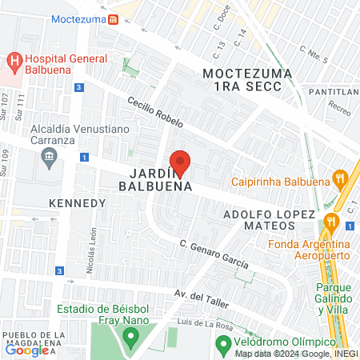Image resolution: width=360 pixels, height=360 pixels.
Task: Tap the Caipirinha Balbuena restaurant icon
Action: tap(339, 179)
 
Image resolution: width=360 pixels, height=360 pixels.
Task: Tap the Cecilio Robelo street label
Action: tap(156, 112)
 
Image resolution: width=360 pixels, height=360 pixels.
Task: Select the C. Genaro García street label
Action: tap(214, 254)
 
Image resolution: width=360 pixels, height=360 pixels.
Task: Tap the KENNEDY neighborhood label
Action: tap(78, 203)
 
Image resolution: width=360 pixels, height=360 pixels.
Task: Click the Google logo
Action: tap(26, 350)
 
